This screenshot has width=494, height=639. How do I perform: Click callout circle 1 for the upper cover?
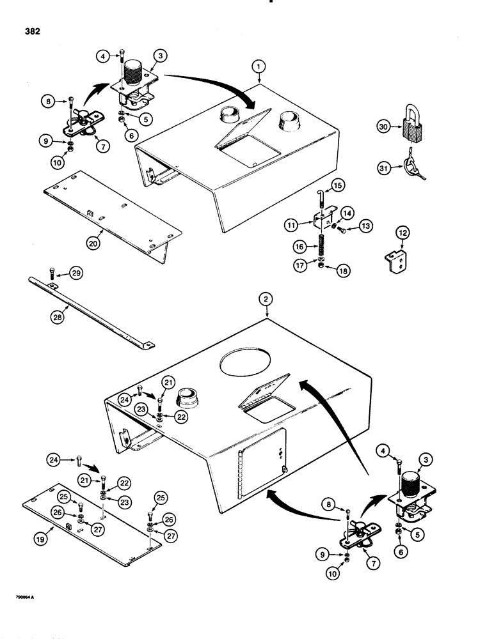point(258,65)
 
